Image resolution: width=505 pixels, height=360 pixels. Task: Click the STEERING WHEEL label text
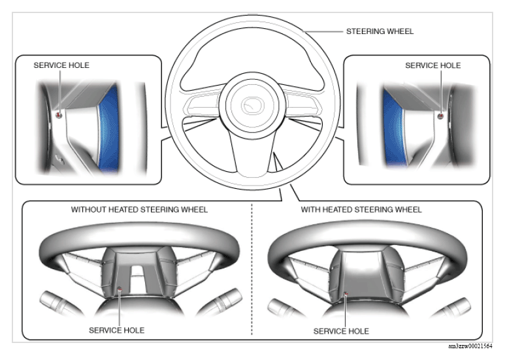pos(380,31)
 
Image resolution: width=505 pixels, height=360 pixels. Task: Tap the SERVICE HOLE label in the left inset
pos(61,65)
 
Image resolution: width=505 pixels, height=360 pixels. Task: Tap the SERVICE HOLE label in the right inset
pos(432,65)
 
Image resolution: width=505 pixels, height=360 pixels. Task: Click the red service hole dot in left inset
pos(59,115)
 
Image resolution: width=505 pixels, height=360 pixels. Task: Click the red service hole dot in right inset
pos(440,116)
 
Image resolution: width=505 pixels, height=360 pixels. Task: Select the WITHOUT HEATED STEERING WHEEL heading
pos(139,210)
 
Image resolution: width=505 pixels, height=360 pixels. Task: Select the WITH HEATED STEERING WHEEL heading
pos(361,210)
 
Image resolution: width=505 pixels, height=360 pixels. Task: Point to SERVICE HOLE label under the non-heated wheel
pos(116,330)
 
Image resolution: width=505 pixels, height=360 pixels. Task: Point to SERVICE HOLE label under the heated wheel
pos(341,331)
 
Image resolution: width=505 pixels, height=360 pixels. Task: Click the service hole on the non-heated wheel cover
pos(120,288)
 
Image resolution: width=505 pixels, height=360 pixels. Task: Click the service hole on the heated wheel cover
pos(345,293)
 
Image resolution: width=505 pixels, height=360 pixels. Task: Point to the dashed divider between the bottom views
pos(252,274)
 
